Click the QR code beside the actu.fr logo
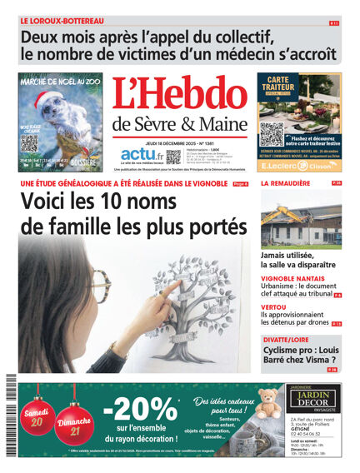[172, 157]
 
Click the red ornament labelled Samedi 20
[36, 414]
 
